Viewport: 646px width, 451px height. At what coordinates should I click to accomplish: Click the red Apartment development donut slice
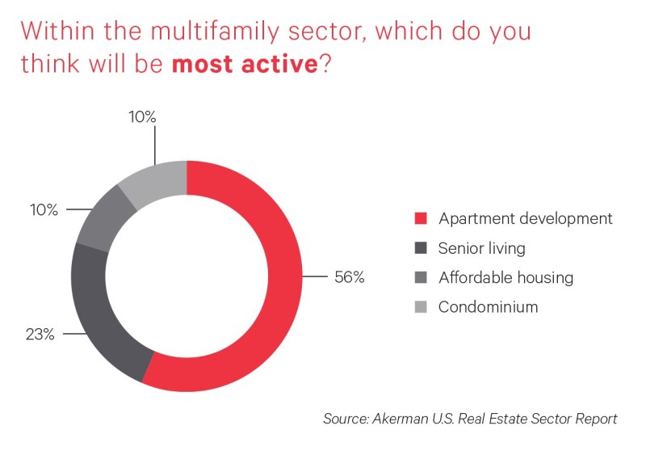[x=284, y=276]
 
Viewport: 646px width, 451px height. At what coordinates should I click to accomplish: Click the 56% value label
[x=350, y=277]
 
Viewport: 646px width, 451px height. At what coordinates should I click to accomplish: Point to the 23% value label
[x=40, y=335]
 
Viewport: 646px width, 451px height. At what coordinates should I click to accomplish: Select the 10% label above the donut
[x=142, y=117]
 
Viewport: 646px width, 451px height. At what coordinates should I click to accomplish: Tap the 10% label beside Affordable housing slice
[x=44, y=210]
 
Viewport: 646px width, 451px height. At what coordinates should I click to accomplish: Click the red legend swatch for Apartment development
[x=421, y=218]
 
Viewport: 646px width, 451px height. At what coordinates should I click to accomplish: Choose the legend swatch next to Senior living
[x=421, y=248]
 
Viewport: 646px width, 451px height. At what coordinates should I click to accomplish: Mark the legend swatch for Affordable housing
[x=421, y=277]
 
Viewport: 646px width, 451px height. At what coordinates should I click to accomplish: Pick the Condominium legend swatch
[x=421, y=306]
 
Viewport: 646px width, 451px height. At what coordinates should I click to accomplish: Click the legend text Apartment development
[x=526, y=218]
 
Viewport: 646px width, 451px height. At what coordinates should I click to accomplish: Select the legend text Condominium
[x=489, y=306]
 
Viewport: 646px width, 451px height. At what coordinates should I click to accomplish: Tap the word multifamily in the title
[x=215, y=32]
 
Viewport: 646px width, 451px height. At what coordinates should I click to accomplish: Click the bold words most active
[x=245, y=64]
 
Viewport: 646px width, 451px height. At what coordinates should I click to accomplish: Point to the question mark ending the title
[x=325, y=63]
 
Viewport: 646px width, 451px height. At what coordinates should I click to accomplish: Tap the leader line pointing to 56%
[x=315, y=276]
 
